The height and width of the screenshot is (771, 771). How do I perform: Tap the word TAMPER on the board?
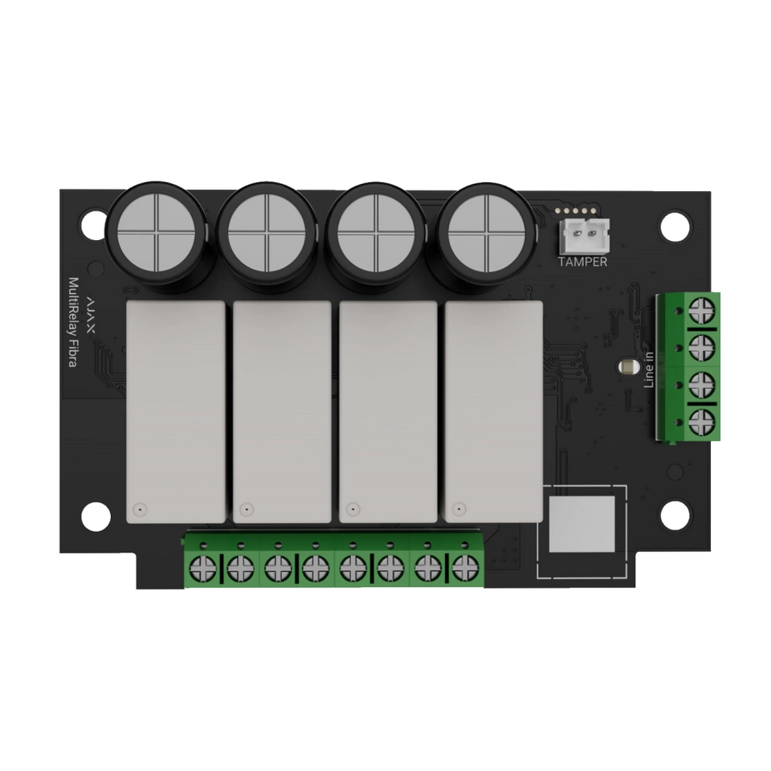coord(583,262)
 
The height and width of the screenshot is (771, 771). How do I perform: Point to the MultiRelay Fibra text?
coord(74,323)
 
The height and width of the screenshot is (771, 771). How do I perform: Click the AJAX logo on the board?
coord(92,315)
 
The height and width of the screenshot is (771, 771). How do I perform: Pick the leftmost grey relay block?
coord(176,411)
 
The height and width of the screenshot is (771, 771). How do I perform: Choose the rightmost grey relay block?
coord(494,411)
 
